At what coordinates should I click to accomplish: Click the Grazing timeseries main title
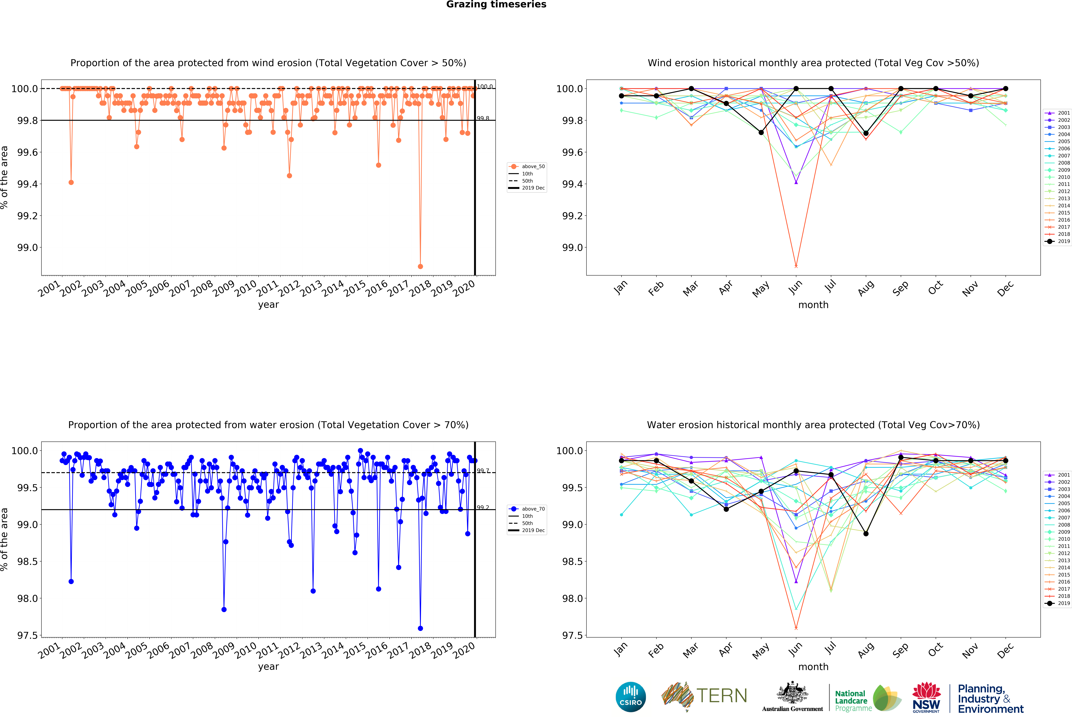pyautogui.click(x=496, y=5)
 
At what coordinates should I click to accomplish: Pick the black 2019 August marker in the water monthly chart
pyautogui.click(x=866, y=533)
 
